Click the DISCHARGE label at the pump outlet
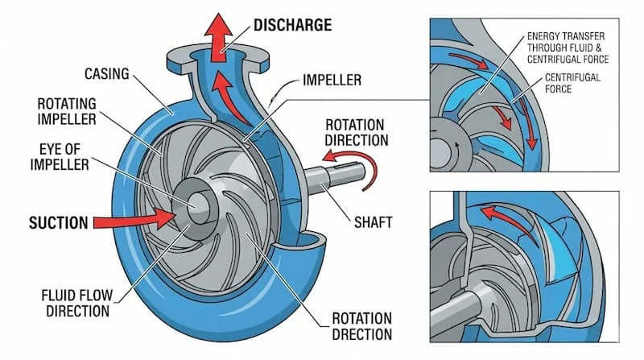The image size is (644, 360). (292, 24)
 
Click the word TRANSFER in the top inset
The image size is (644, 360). (591, 36)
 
